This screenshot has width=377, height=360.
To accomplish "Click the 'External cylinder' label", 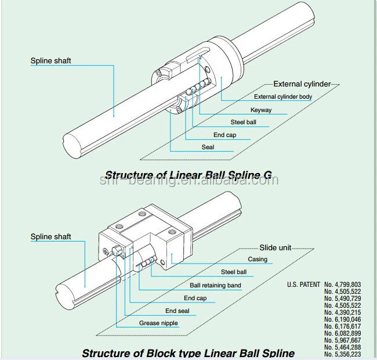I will tap(302, 84).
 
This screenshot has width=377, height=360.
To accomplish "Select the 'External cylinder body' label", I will tap(282, 97).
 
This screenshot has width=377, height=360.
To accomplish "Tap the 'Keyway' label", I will tap(261, 110).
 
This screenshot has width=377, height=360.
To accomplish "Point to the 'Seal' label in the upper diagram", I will tap(208, 147).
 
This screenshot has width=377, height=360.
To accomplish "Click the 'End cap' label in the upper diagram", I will tap(224, 135).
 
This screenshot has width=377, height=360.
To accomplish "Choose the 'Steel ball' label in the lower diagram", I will tap(234, 272).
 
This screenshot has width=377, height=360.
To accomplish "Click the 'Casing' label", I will tap(258, 259).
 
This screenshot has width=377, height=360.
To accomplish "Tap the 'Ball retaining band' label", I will tap(216, 285).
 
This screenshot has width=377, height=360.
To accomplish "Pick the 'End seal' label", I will tap(177, 311).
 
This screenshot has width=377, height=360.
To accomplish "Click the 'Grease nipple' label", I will tap(158, 323).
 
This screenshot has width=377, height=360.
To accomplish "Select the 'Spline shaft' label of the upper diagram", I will tap(50, 60).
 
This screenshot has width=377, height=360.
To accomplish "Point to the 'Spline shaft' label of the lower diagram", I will tap(50, 236).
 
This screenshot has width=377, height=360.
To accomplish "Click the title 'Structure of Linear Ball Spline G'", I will tap(188, 175).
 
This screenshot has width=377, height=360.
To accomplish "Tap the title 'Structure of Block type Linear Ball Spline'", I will tap(188, 352).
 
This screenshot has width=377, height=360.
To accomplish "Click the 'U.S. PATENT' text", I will tap(303, 285).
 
